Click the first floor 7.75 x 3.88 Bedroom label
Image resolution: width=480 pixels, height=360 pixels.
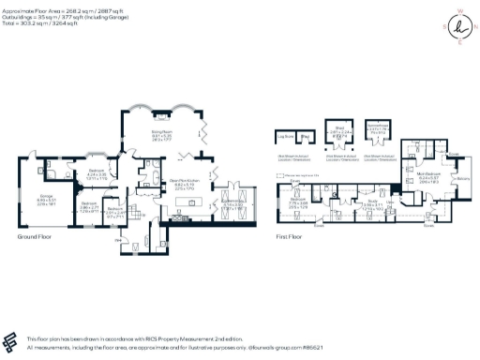click(298, 202)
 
